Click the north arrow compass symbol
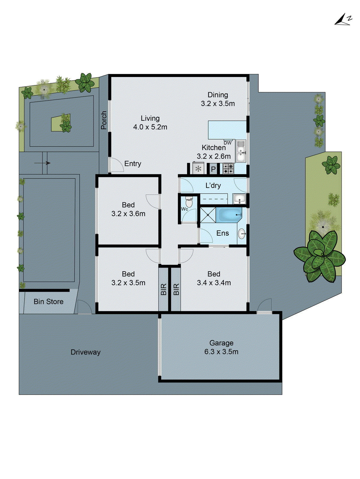coord(343,20)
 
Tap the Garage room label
coord(221,343)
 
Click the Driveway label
coord(85,352)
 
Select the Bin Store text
coord(49,301)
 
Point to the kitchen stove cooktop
coord(229,169)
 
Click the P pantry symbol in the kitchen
coord(213,169)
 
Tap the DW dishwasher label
coord(228,143)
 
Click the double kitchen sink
coord(241,151)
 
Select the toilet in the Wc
coord(189,202)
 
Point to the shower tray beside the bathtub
coord(208,215)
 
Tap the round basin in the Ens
coord(242,234)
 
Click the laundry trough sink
coord(239,199)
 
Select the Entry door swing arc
coord(116,165)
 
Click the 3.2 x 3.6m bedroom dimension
coord(128,214)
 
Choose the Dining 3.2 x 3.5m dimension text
coord(218,104)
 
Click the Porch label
coord(104,120)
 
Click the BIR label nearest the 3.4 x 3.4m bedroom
coord(176,289)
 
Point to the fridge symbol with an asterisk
coord(198,169)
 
